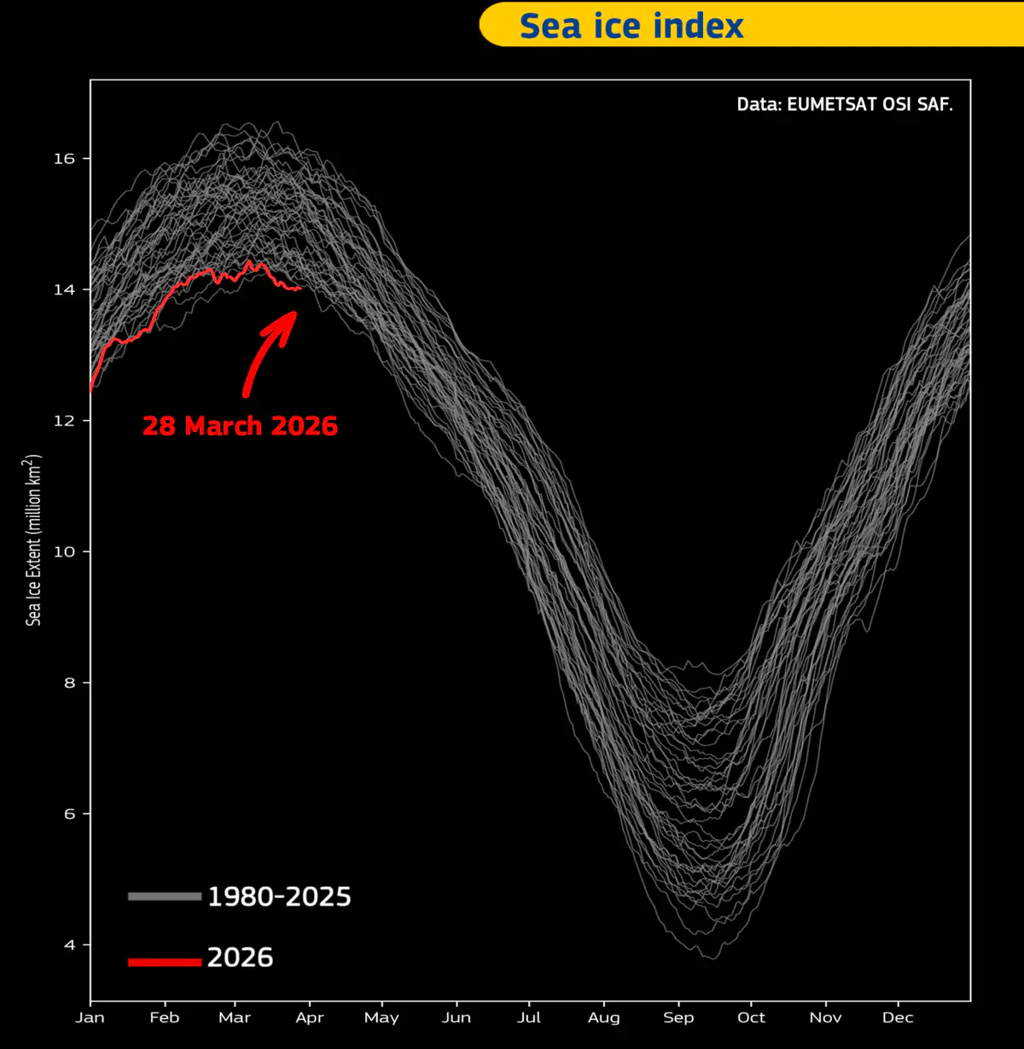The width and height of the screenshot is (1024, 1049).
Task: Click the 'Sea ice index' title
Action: [x=631, y=26]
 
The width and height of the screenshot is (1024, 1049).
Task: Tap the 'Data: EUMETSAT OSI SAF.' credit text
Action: [x=845, y=104]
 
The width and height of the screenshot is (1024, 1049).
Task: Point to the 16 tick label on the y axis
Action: [x=64, y=159]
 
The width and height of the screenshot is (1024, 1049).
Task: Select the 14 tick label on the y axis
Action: [x=64, y=289]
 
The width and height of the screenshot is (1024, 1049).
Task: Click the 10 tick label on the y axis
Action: [x=64, y=551]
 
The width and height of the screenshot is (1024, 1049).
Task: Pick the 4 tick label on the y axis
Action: [x=70, y=945]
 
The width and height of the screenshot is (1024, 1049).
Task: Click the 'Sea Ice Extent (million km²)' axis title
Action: [x=33, y=540]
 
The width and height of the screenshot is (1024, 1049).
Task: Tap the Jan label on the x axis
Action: [x=90, y=1017]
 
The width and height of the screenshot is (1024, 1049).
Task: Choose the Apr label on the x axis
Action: [x=310, y=1017]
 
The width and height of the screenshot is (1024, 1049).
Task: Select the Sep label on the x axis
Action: [x=678, y=1017]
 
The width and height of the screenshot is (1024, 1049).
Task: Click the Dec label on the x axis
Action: [x=898, y=1017]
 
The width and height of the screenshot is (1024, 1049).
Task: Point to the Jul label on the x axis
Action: [x=529, y=1017]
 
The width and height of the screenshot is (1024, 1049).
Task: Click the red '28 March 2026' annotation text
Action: [x=241, y=426]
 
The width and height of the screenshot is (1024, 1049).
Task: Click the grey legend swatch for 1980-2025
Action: [x=165, y=896]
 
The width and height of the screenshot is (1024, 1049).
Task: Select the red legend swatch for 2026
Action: [x=165, y=962]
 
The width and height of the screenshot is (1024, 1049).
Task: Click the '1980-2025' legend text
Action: [x=279, y=896]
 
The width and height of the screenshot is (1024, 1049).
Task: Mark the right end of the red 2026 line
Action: [x=300, y=288]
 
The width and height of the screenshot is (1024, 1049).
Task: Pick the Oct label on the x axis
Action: [x=751, y=1017]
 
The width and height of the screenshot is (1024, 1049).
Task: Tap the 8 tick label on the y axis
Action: [x=70, y=683]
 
